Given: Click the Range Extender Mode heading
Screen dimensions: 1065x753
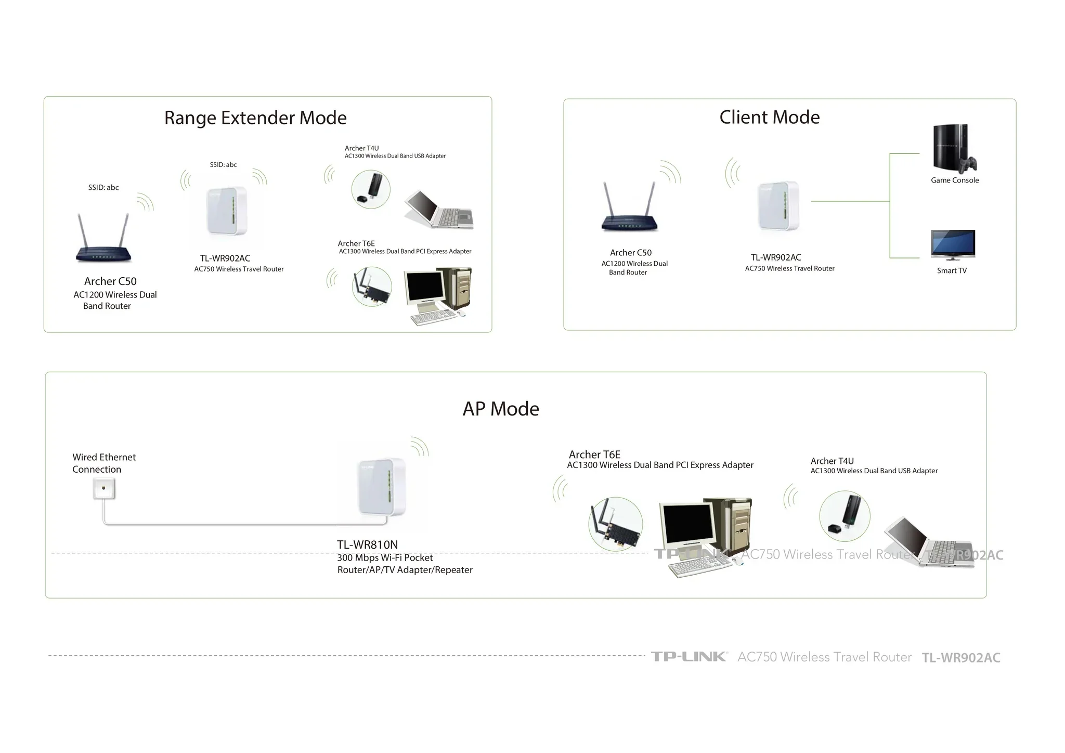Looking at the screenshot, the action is [x=255, y=118].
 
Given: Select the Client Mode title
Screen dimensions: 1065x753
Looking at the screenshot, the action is [x=770, y=117].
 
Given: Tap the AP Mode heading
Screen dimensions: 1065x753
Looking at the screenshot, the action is [x=501, y=409].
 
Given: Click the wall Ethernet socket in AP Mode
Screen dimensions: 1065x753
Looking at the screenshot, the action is [x=104, y=489].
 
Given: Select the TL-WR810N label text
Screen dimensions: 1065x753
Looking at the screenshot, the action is [x=367, y=544].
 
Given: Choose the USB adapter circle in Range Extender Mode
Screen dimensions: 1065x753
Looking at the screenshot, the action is [x=371, y=189].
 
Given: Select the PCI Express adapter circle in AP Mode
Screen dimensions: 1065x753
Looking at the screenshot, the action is [x=616, y=524].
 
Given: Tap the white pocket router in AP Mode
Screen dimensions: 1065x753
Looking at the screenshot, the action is [x=382, y=488].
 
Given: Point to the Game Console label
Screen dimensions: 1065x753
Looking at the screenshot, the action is [x=955, y=180].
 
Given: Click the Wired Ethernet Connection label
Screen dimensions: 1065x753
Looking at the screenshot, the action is [x=104, y=463].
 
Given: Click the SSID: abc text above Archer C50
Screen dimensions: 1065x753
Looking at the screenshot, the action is [x=103, y=187].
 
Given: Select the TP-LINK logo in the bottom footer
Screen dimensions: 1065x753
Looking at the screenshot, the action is [x=689, y=656].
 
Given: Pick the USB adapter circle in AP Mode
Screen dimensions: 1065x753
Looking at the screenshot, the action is [x=845, y=516].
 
